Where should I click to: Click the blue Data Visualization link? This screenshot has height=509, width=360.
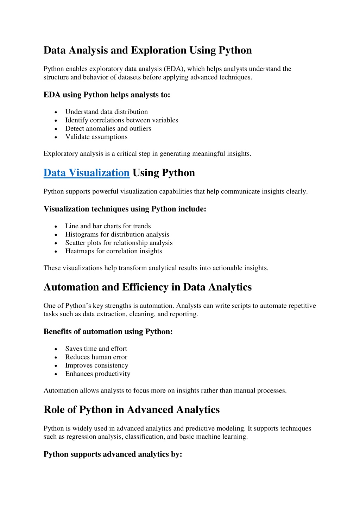pos(87,173)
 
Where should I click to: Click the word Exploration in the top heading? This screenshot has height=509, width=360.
pos(158,50)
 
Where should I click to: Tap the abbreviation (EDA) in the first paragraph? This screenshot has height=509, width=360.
pos(174,69)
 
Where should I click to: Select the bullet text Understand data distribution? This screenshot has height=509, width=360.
pos(106,112)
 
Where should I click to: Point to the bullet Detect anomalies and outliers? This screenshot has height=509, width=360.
pos(108,129)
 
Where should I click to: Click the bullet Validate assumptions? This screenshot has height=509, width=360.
pos(96,137)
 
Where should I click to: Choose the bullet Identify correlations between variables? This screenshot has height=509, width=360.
pos(121,120)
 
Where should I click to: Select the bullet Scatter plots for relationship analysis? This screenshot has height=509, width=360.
pos(119,243)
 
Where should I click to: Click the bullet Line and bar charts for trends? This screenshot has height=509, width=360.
pos(108,226)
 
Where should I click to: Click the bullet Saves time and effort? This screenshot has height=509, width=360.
pos(96,349)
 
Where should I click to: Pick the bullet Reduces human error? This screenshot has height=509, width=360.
pos(96,357)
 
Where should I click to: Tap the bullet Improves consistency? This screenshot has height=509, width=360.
pos(96,365)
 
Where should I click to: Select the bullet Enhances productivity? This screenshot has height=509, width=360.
pos(97,374)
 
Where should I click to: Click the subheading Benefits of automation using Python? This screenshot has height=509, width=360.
pos(108,332)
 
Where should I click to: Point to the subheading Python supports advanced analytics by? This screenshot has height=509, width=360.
pos(113,454)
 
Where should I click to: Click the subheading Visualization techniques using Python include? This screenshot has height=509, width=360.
pos(125,209)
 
